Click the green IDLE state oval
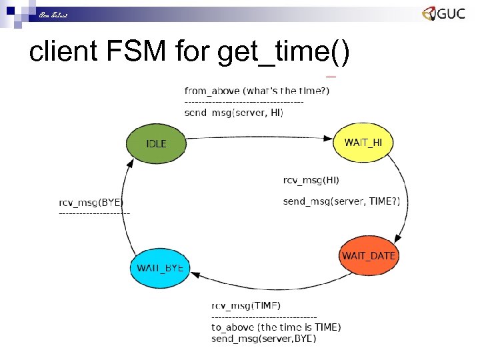click(x=156, y=144)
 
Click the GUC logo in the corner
click(x=443, y=14)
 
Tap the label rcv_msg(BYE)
click(x=91, y=203)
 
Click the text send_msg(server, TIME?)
click(x=346, y=201)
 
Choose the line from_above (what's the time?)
click(x=257, y=91)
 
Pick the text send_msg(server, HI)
click(x=234, y=113)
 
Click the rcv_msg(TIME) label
click(x=246, y=305)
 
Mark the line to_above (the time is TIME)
click(x=276, y=327)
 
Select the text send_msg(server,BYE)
click(x=264, y=339)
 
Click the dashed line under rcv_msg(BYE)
click(x=95, y=213)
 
